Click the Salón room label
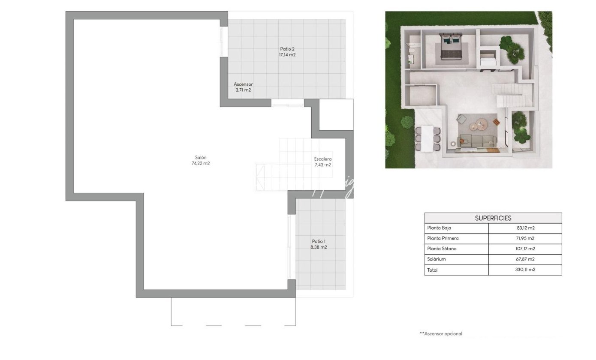[201, 157]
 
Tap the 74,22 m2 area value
[201, 163]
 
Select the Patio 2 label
[287, 49]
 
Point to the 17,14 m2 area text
[287, 55]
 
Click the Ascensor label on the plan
[243, 84]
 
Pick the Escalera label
[323, 159]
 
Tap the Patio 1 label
[319, 241]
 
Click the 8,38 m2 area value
[319, 247]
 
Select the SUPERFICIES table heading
[493, 218]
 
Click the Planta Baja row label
[439, 228]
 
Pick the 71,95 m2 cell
[525, 238]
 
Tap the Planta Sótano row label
[442, 249]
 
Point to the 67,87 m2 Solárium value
[525, 259]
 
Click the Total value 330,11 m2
[525, 269]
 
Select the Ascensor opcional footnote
[441, 333]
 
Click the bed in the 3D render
[451, 46]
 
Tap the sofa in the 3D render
[477, 141]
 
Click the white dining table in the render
[427, 138]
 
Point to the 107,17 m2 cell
[525, 249]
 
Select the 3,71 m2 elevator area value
[243, 90]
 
